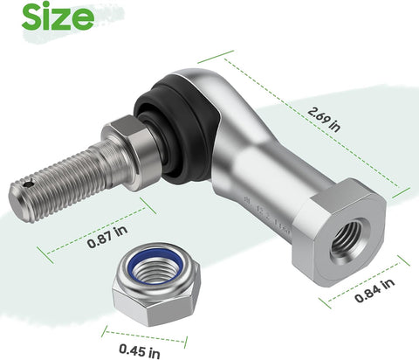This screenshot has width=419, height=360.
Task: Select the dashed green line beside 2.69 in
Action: point(315,121)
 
